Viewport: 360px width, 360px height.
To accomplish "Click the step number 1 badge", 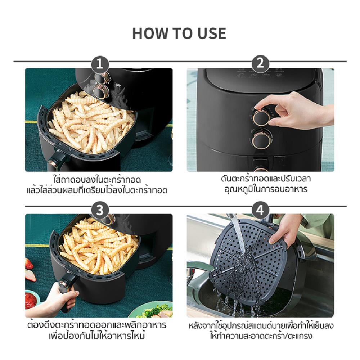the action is click(x=100, y=64).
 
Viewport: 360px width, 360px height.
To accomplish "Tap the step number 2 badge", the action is click(x=260, y=63).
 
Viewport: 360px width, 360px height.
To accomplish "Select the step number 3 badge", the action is click(x=100, y=210).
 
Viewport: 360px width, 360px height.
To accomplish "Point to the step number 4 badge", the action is click(x=260, y=210).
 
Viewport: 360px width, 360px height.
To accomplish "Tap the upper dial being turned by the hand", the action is click(x=261, y=117).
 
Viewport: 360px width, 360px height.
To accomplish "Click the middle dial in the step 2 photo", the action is click(x=261, y=139).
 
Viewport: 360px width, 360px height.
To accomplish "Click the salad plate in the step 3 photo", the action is click(x=153, y=310).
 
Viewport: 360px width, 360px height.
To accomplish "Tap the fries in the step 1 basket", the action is click(x=92, y=122).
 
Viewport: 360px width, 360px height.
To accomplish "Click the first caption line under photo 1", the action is click(x=97, y=179).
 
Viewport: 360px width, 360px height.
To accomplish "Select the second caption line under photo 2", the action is click(x=266, y=189).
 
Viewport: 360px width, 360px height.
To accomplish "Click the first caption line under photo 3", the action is click(x=97, y=325).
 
